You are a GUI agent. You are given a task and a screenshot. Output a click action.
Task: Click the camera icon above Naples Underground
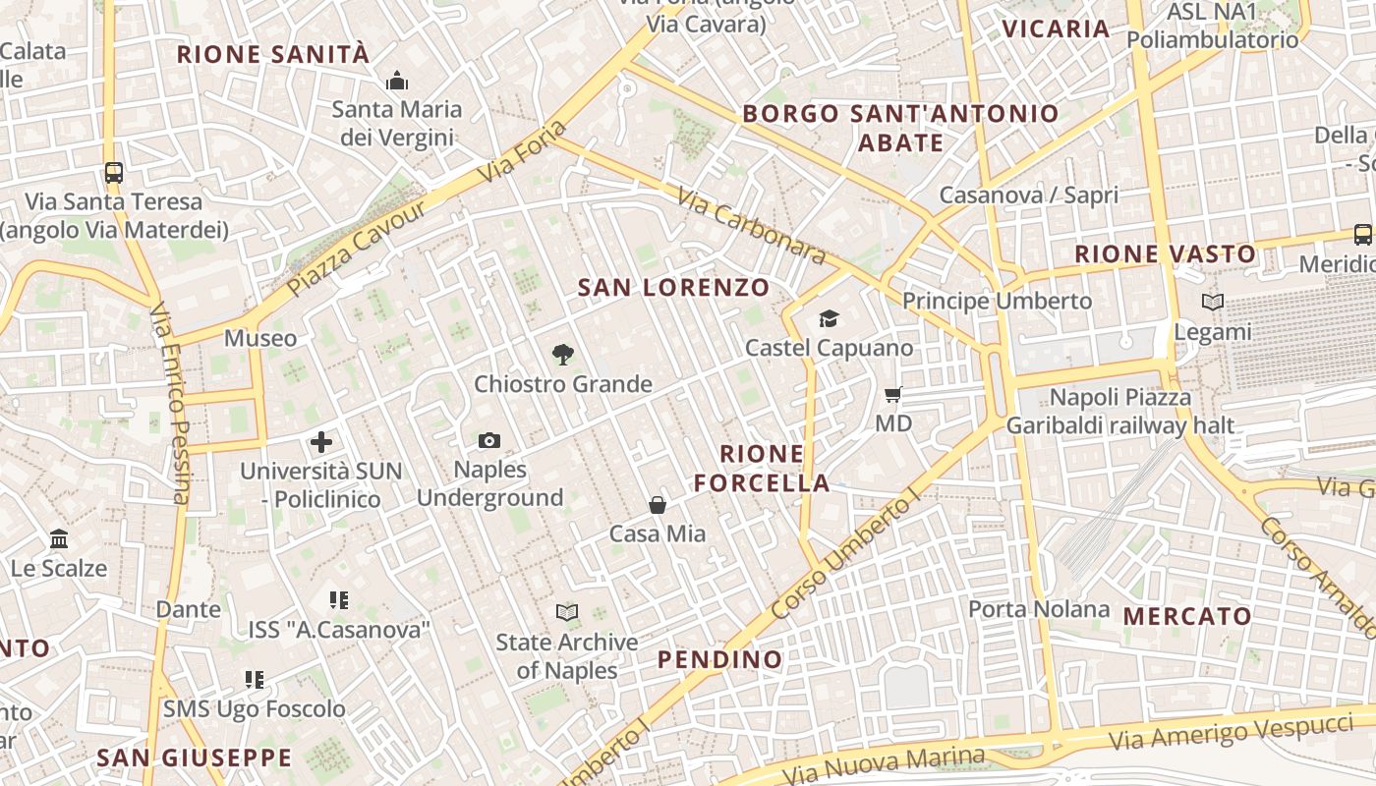(x=488, y=441)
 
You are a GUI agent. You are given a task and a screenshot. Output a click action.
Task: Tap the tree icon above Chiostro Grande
(x=563, y=355)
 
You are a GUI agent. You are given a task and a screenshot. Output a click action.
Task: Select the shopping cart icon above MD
(x=893, y=395)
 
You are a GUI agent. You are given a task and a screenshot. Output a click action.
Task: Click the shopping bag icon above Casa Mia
(x=658, y=505)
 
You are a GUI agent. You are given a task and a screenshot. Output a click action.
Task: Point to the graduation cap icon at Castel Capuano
(x=829, y=318)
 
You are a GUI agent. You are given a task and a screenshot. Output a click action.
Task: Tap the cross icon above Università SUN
(x=321, y=442)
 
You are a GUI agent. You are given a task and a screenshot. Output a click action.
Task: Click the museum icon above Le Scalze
(x=59, y=539)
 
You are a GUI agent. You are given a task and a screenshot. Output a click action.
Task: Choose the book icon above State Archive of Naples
(x=567, y=613)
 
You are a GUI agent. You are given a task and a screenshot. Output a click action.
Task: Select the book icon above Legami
(x=1213, y=303)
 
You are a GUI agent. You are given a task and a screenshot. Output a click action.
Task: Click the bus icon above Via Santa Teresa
(x=114, y=173)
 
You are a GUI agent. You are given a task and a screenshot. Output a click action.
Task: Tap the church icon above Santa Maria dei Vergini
(x=397, y=81)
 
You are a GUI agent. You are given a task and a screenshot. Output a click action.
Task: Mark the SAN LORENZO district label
(x=673, y=288)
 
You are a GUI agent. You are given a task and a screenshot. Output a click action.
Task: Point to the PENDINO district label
(x=720, y=659)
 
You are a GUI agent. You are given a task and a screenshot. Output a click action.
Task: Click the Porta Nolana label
(x=1039, y=609)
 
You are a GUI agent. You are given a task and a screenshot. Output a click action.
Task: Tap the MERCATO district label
(x=1187, y=617)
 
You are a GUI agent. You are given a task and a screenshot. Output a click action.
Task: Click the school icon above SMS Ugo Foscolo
(x=255, y=679)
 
